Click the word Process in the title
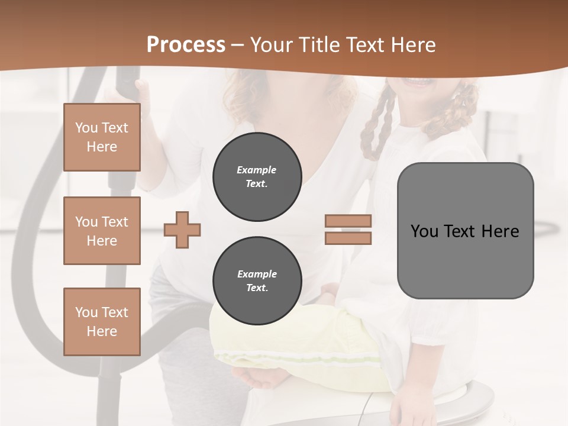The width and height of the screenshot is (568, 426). pyautogui.click(x=186, y=45)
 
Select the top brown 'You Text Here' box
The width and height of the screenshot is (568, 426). pyautogui.click(x=102, y=137)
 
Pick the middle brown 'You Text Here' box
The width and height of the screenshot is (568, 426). pyautogui.click(x=102, y=231)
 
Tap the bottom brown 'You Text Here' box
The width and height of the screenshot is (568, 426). pyautogui.click(x=102, y=321)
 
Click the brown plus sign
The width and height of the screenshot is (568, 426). pyautogui.click(x=182, y=230)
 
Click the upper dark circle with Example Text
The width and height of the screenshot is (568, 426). pyautogui.click(x=257, y=177)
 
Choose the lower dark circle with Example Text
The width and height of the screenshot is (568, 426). pyautogui.click(x=257, y=281)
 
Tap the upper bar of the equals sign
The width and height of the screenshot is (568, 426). pyautogui.click(x=348, y=221)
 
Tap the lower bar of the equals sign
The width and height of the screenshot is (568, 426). pyautogui.click(x=348, y=238)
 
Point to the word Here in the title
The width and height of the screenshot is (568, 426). pyautogui.click(x=413, y=45)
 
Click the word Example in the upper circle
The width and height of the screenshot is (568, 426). pyautogui.click(x=257, y=170)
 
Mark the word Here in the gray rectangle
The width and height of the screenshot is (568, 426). pyautogui.click(x=500, y=231)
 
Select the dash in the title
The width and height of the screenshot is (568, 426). pyautogui.click(x=238, y=46)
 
